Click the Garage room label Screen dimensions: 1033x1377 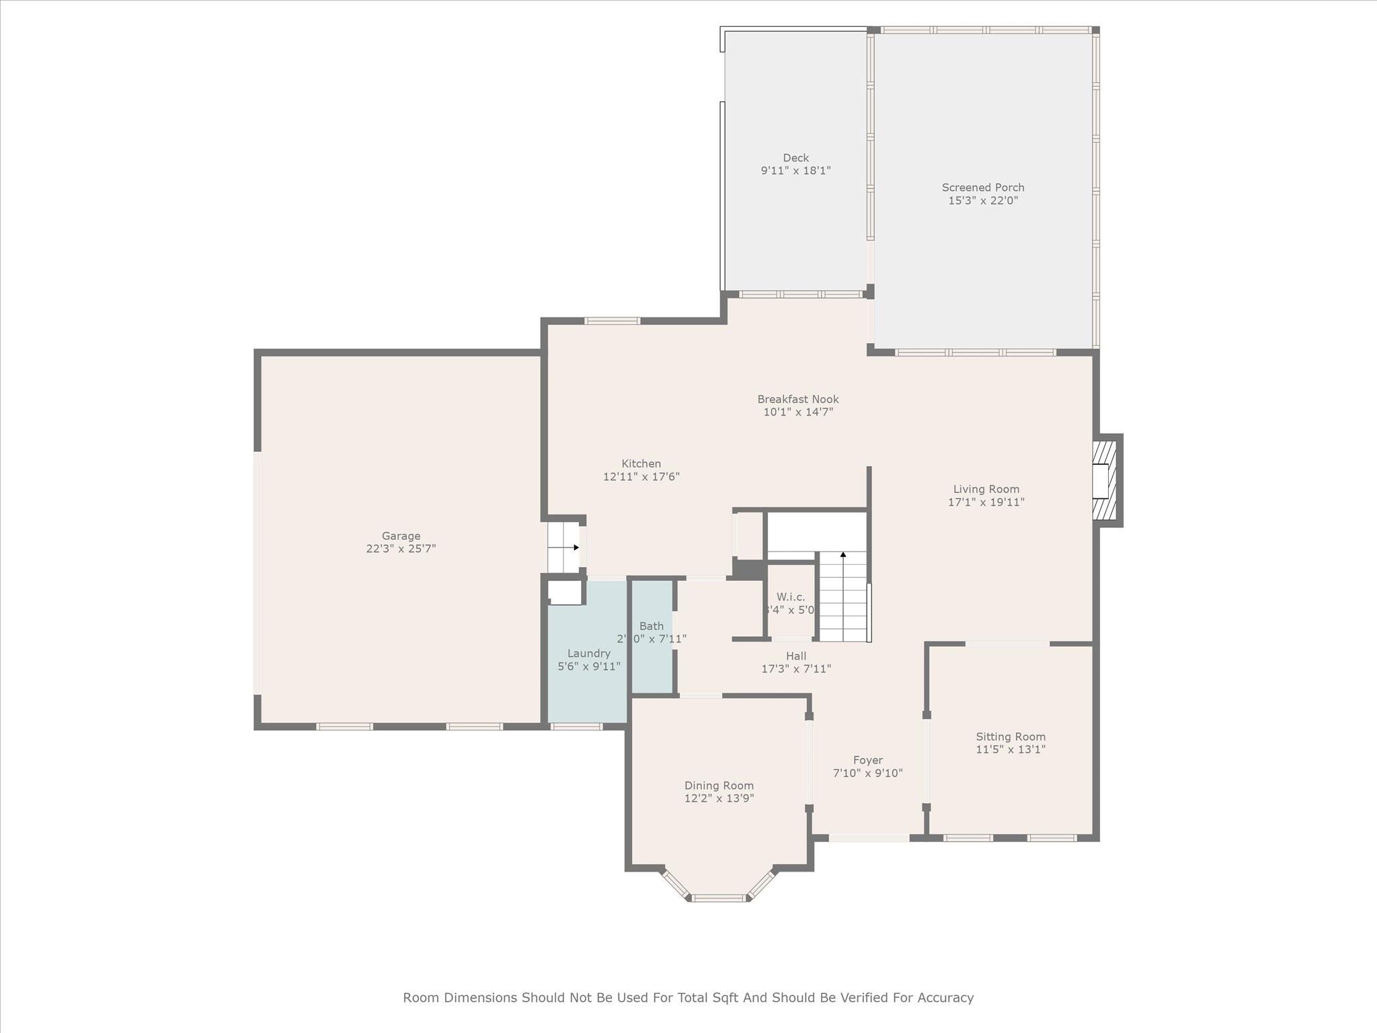pyautogui.click(x=401, y=536)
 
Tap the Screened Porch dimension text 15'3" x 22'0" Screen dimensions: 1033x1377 pyautogui.click(x=983, y=200)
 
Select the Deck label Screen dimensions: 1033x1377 pyautogui.click(x=795, y=158)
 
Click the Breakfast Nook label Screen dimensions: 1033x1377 pyautogui.click(x=798, y=399)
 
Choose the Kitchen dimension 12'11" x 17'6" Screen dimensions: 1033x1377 pyautogui.click(x=641, y=477)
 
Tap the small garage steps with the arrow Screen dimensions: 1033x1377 pyautogui.click(x=563, y=547)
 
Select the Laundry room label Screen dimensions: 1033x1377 pyautogui.click(x=588, y=654)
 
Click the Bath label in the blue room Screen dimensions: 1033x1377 pyautogui.click(x=652, y=626)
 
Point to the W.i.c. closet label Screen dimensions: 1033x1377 pyautogui.click(x=791, y=597)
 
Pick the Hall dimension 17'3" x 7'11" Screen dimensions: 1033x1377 pyautogui.click(x=796, y=669)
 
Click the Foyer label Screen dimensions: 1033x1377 pyautogui.click(x=867, y=761)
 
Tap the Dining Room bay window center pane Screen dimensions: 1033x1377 pyautogui.click(x=719, y=898)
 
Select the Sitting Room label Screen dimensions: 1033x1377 pyautogui.click(x=1011, y=737)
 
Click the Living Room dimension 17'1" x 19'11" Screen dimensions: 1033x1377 pyautogui.click(x=986, y=502)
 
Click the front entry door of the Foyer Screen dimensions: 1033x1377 pyautogui.click(x=869, y=838)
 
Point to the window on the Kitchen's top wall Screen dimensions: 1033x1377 pyautogui.click(x=612, y=321)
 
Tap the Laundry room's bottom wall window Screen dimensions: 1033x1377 pyautogui.click(x=576, y=726)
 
